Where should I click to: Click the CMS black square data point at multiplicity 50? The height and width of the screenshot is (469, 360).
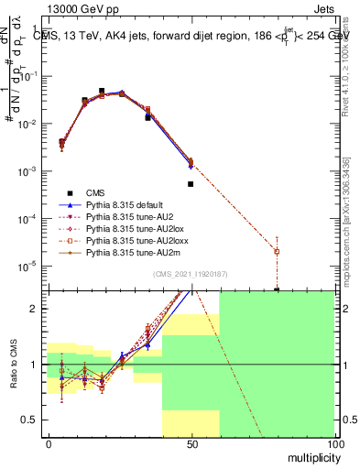191,184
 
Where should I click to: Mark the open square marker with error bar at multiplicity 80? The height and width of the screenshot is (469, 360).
277,251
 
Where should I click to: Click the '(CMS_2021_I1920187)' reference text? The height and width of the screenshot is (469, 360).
191,274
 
